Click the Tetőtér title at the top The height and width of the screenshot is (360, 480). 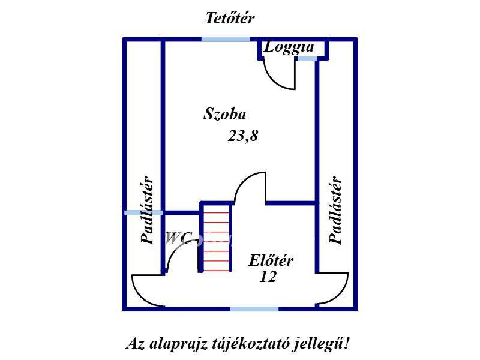point(230,18)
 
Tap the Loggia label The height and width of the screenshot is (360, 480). point(289,47)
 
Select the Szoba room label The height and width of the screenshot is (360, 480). point(224,114)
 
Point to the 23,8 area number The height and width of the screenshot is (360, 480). point(243,136)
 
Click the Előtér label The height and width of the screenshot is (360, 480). point(271,260)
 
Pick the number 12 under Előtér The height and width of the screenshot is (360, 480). point(268,277)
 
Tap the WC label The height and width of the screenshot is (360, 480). point(179,238)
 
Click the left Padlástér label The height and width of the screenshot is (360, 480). point(147,210)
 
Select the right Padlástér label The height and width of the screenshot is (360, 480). point(335,210)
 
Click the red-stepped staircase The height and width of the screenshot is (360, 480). point(216,236)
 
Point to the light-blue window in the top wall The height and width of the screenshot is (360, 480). point(226,39)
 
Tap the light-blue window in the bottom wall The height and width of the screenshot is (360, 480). point(254,309)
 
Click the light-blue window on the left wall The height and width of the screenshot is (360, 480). point(143,212)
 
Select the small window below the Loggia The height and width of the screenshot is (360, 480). point(307,58)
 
